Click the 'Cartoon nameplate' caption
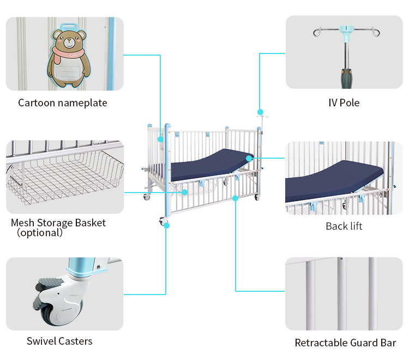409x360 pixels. [62, 103]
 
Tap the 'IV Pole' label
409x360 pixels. [344, 103]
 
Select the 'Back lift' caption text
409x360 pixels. [344, 226]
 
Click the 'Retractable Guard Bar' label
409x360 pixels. [345, 343]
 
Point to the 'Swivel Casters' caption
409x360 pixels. [59, 341]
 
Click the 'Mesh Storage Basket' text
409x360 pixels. [58, 223]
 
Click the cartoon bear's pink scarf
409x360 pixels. [67, 52]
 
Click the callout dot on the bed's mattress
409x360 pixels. [249, 158]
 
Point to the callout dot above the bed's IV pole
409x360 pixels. [260, 112]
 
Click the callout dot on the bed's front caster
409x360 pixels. [166, 225]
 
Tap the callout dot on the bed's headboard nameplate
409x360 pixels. [161, 140]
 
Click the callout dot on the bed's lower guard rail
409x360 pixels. [235, 197]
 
